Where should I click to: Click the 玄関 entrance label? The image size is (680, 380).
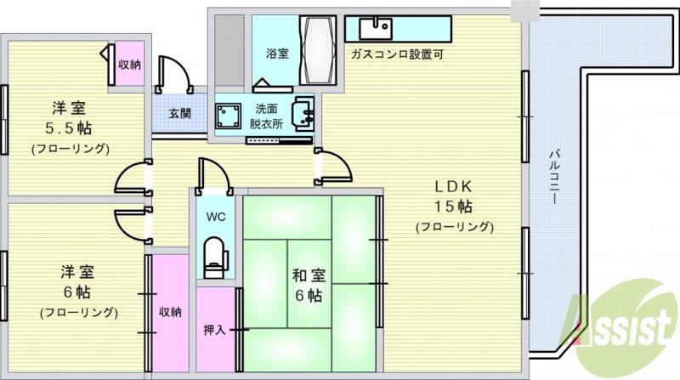tap(179, 114)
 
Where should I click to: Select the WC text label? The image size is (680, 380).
tap(215, 215)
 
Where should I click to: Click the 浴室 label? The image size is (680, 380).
tap(277, 54)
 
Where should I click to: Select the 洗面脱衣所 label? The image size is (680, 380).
tap(267, 116)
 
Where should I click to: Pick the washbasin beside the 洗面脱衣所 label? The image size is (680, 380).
tap(302, 113)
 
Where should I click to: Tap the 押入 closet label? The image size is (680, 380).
tap(213, 330)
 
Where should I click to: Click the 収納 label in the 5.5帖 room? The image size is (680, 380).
tap(129, 64)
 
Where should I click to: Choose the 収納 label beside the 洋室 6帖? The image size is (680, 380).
tap(170, 311)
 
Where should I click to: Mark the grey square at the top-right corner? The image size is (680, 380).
tap(525, 9)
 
